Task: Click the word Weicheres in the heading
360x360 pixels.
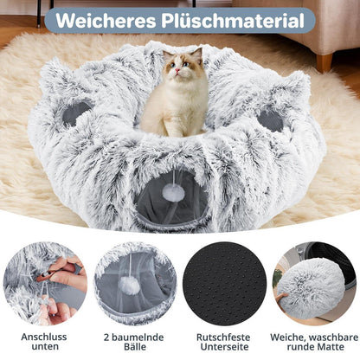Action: (x=106, y=21)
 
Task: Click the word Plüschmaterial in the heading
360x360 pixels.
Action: (x=233, y=21)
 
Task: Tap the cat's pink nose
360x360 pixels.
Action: (x=177, y=70)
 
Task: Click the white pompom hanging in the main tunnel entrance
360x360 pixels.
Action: (x=173, y=192)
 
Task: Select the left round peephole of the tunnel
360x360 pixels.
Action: (x=75, y=113)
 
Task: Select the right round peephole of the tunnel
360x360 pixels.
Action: (x=270, y=121)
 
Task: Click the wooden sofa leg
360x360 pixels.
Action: (x=325, y=63)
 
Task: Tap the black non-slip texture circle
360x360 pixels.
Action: (x=225, y=284)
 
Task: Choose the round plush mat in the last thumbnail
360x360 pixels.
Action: (x=310, y=288)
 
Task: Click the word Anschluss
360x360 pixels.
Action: (x=44, y=337)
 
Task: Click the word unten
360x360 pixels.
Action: (x=45, y=346)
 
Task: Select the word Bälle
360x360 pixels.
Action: (x=135, y=347)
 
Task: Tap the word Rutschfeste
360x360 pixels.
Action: (x=223, y=337)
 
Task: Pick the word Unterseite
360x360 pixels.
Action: (x=224, y=347)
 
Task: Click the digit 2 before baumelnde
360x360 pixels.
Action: (x=106, y=337)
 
